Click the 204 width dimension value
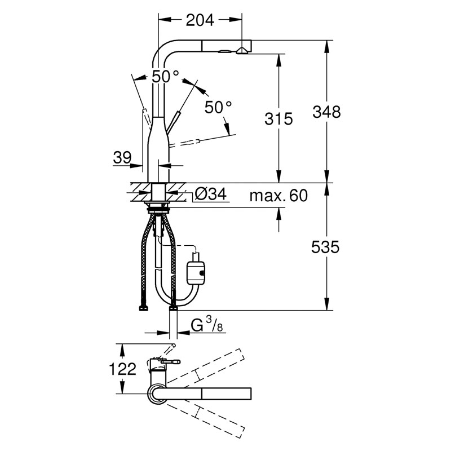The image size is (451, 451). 200,20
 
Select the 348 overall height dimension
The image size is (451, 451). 327,112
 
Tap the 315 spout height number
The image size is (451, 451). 278,118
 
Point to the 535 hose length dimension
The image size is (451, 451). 325,247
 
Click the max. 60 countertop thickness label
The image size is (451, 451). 278,196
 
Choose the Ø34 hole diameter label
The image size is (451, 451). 210,194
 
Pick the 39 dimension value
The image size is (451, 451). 122,157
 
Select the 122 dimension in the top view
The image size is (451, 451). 122,369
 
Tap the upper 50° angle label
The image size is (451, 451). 165,76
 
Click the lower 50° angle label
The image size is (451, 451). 218,107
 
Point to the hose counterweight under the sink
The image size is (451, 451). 196,271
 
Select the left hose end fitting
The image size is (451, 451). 144,308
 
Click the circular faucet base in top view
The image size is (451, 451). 156,393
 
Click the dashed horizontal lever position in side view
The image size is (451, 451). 184,143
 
